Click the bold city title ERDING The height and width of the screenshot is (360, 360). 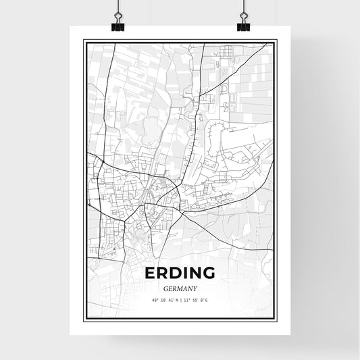click(x=179, y=273)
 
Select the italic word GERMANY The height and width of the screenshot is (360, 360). click(x=180, y=288)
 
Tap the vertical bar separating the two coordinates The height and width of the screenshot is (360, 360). click(x=180, y=300)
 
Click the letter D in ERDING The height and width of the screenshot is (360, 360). click(x=173, y=273)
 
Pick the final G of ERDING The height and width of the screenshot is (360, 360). click(x=207, y=273)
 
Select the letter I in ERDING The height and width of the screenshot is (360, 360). click(x=183, y=273)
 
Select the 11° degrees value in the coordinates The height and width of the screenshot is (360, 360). click(x=186, y=300)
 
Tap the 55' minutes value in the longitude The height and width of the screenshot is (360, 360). click(x=195, y=300)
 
